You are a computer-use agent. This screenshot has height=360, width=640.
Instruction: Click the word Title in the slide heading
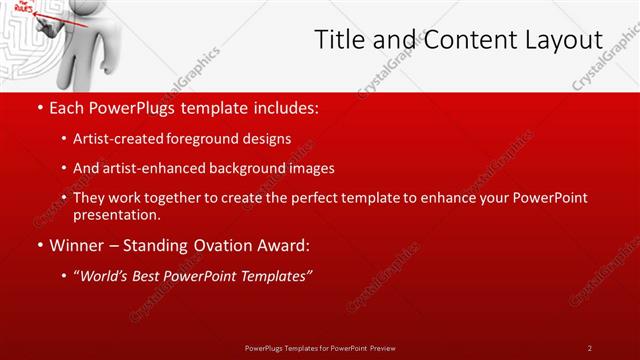click(x=340, y=40)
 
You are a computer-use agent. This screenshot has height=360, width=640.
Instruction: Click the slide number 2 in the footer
click(x=589, y=347)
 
